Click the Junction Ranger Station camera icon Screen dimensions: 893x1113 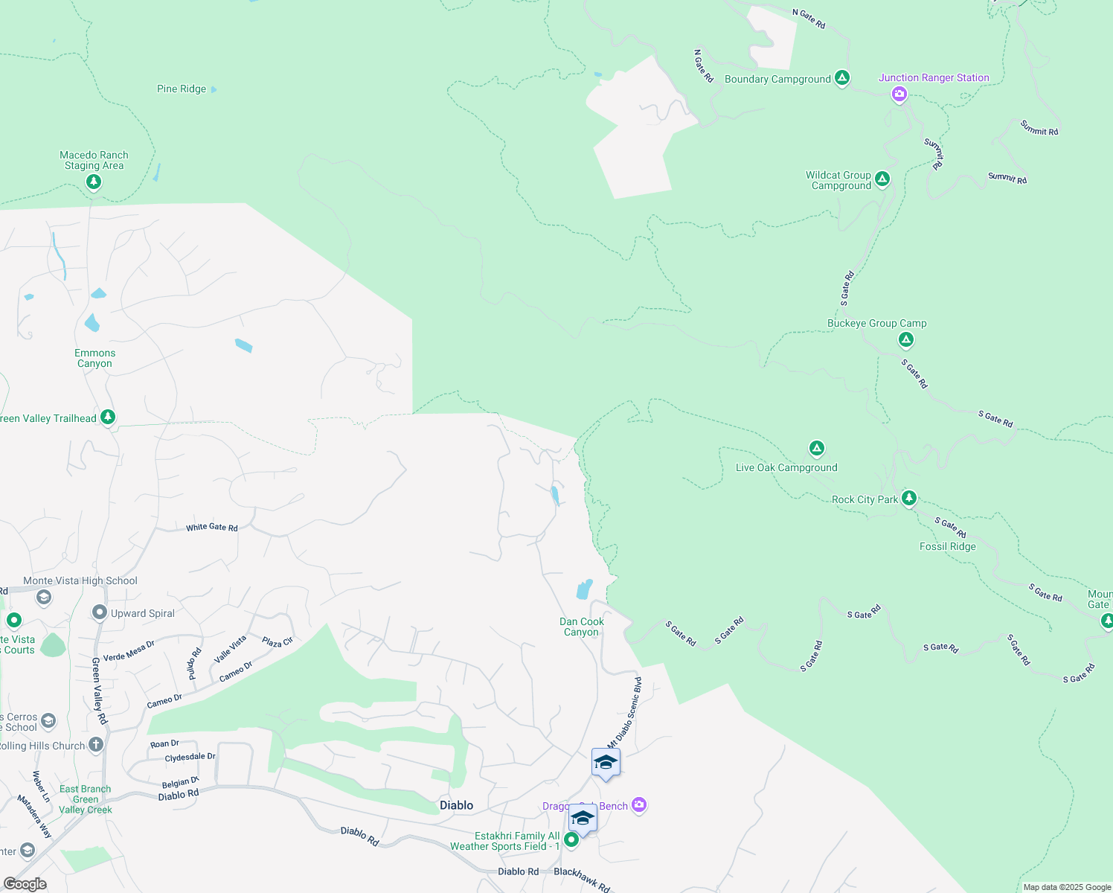(899, 94)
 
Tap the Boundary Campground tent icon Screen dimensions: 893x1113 (841, 77)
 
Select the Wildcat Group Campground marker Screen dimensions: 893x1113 (882, 179)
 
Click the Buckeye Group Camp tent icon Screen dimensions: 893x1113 (905, 340)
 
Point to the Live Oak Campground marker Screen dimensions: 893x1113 (816, 448)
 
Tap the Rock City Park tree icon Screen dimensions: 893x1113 (908, 498)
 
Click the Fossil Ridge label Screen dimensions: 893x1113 (947, 546)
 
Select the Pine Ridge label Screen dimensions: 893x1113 (182, 89)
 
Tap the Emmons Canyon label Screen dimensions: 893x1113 (94, 358)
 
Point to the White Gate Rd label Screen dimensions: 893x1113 (212, 528)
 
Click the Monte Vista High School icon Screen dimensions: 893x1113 (44, 597)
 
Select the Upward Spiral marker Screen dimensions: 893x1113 (99, 612)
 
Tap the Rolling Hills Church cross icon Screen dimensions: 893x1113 (95, 744)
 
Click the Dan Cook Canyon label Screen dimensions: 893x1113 (581, 627)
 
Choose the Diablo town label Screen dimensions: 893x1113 (456, 805)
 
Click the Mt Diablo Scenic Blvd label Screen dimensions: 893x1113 (624, 712)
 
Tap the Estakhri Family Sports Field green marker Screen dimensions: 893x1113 (571, 839)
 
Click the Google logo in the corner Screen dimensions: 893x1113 (25, 884)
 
